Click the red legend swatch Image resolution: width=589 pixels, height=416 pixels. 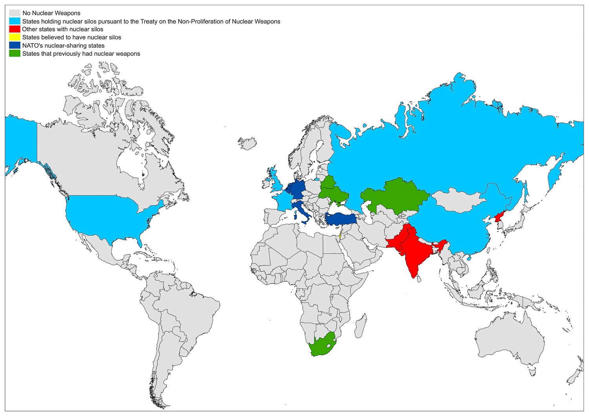tap(15, 29)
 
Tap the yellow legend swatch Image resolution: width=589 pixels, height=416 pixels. tap(15, 37)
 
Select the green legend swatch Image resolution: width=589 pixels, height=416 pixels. tap(15, 54)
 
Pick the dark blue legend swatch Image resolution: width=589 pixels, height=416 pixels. tap(15, 46)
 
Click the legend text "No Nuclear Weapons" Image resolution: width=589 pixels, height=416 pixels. tap(51, 13)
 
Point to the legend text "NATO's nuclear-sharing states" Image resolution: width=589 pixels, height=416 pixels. tap(63, 46)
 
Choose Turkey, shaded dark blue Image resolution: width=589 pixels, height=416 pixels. tap(341, 219)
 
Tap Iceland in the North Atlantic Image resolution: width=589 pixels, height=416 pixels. tap(247, 143)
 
